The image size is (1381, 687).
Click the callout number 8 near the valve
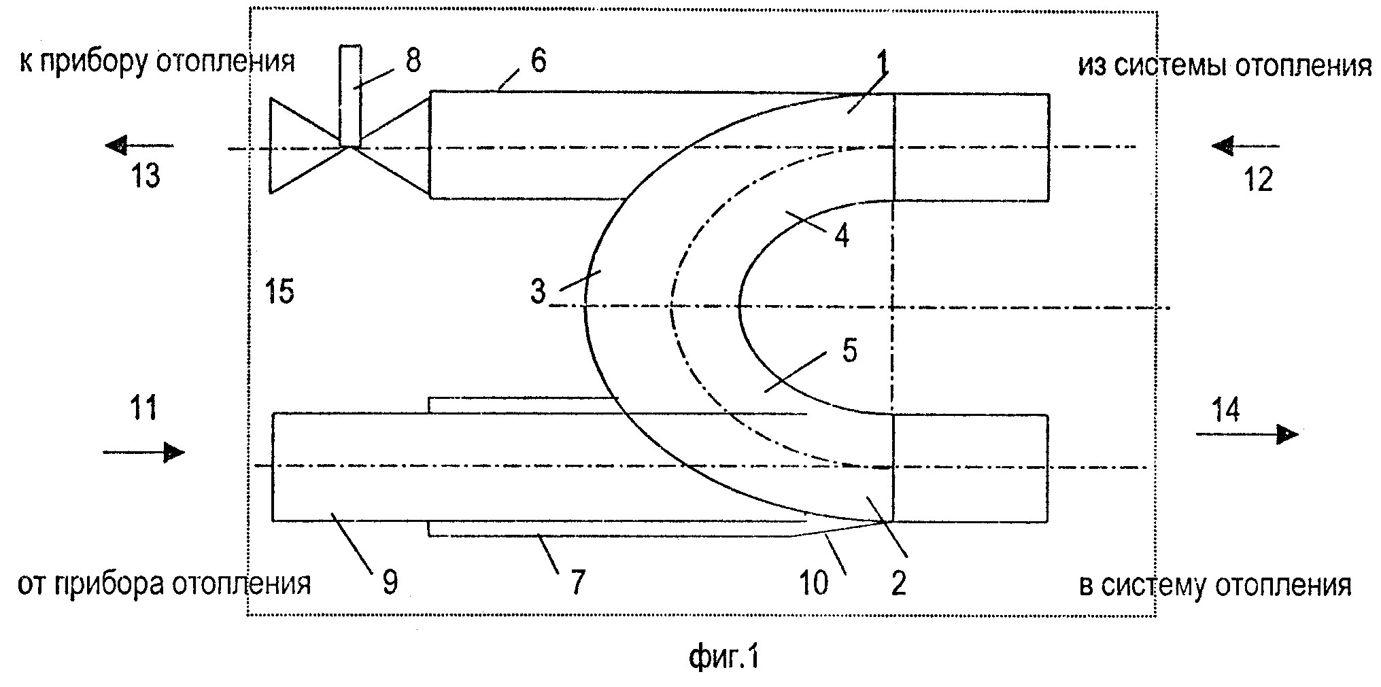(413, 60)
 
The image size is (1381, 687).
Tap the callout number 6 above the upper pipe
(538, 61)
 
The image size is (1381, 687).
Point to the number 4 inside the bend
(842, 236)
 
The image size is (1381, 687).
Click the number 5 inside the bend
(850, 351)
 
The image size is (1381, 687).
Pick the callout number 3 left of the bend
(538, 293)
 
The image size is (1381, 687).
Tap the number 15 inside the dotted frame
(279, 292)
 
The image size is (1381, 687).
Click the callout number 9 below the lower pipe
(390, 583)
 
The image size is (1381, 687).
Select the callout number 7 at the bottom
(577, 583)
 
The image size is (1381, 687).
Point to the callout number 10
(814, 583)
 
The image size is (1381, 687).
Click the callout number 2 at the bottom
(898, 583)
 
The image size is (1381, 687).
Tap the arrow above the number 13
(140, 145)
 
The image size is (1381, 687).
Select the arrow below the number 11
(143, 451)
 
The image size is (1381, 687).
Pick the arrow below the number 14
(1247, 434)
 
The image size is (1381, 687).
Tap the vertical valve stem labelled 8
(350, 96)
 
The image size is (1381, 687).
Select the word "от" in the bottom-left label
(33, 584)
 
